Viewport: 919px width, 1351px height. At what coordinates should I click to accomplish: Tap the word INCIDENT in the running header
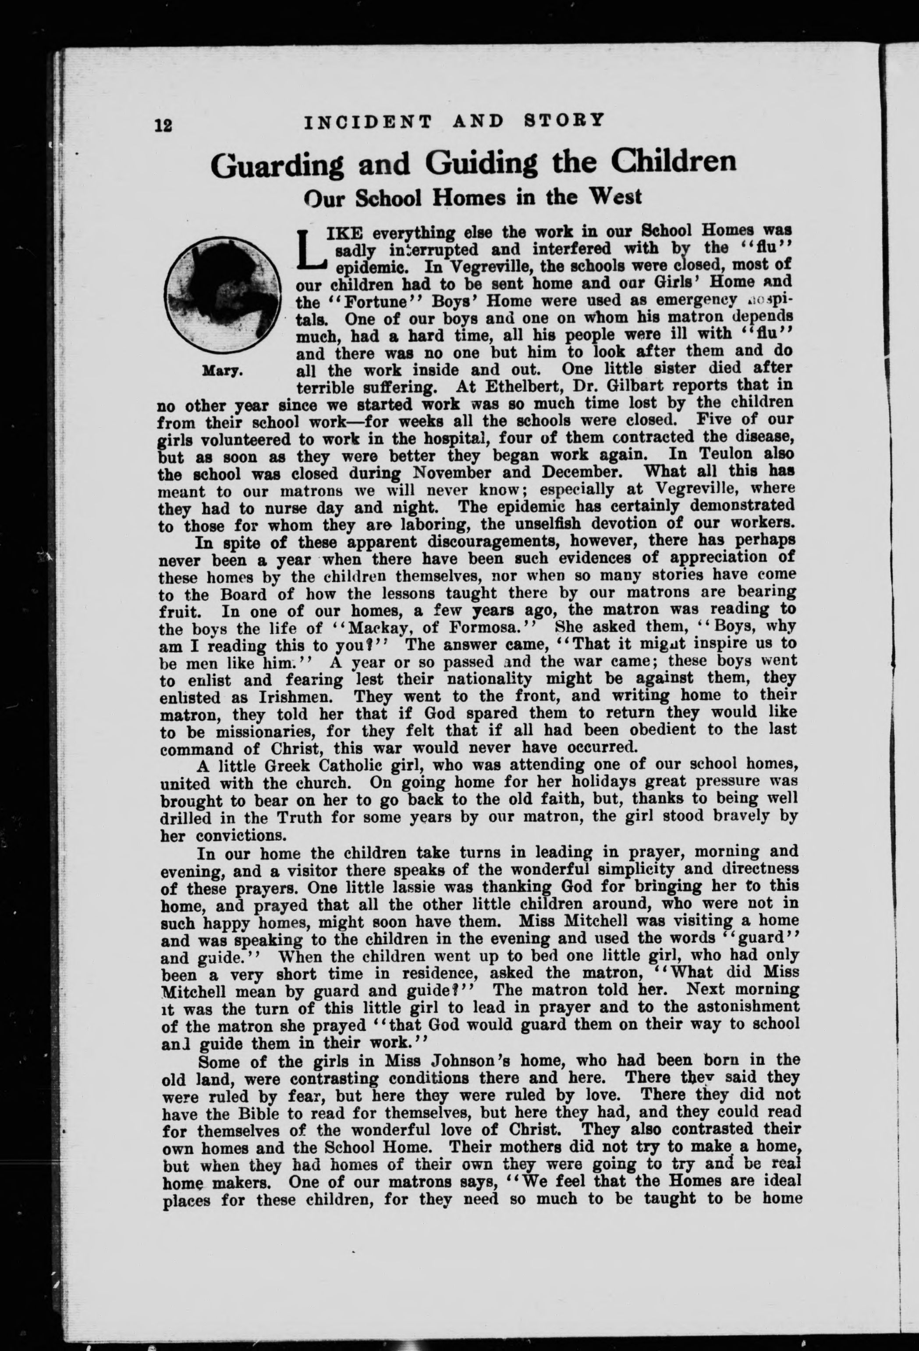point(368,121)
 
